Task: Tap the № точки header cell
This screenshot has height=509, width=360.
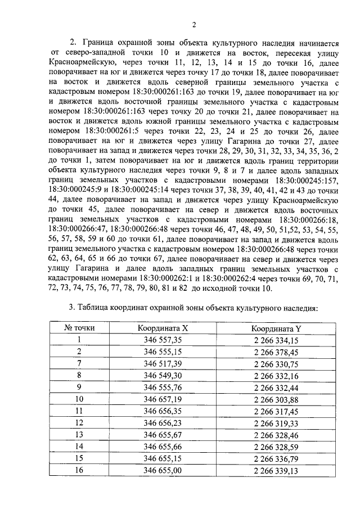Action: (x=79, y=327)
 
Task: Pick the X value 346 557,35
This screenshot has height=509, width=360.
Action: (x=163, y=340)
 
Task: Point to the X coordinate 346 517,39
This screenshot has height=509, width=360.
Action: (x=163, y=364)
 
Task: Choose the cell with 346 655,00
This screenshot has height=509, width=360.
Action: (x=163, y=470)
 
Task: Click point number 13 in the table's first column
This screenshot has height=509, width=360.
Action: (x=79, y=435)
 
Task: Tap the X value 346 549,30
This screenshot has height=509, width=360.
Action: (x=163, y=376)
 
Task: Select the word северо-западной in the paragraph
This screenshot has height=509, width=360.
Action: (x=95, y=53)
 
